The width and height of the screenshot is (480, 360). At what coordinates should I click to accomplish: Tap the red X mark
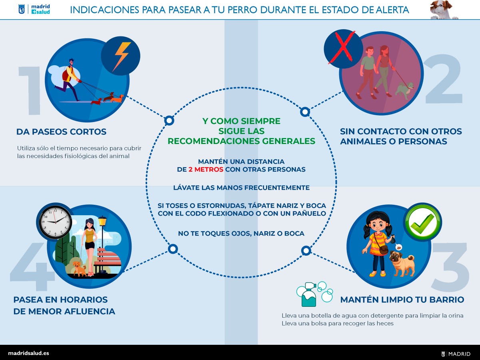[342, 47]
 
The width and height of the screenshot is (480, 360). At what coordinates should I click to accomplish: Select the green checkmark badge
[422, 222]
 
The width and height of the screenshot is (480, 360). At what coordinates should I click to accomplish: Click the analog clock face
[55, 222]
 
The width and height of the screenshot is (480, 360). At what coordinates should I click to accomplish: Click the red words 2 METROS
[206, 169]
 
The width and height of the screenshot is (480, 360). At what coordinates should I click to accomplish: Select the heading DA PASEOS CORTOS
[61, 132]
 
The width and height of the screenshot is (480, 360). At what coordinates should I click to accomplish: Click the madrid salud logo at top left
[34, 9]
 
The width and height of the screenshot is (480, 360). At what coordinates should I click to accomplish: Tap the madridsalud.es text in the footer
[28, 353]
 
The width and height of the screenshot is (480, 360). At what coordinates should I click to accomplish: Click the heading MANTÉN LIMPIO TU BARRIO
[402, 300]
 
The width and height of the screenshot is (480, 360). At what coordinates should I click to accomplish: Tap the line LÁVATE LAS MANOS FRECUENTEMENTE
[242, 188]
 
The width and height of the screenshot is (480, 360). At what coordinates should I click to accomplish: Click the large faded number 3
[451, 267]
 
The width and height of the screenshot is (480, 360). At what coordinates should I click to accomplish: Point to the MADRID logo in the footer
[456, 354]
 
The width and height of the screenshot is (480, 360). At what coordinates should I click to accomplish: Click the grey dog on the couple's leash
[404, 90]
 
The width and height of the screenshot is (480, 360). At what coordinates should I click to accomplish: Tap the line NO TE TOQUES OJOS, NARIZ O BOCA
[241, 234]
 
